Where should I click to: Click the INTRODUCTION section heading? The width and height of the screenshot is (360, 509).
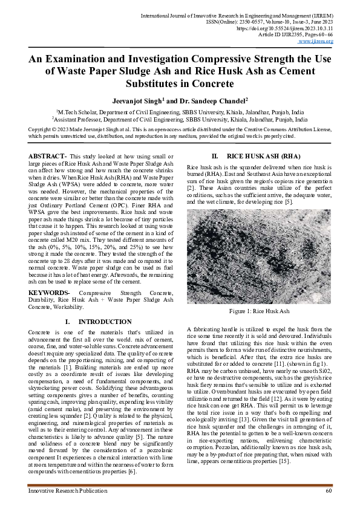[x=97, y=322]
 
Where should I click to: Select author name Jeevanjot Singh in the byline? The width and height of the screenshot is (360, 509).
[x=137, y=102]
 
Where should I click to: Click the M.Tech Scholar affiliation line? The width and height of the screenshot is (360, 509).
[x=180, y=112]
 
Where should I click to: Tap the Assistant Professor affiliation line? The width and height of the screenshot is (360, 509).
[x=180, y=120]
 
